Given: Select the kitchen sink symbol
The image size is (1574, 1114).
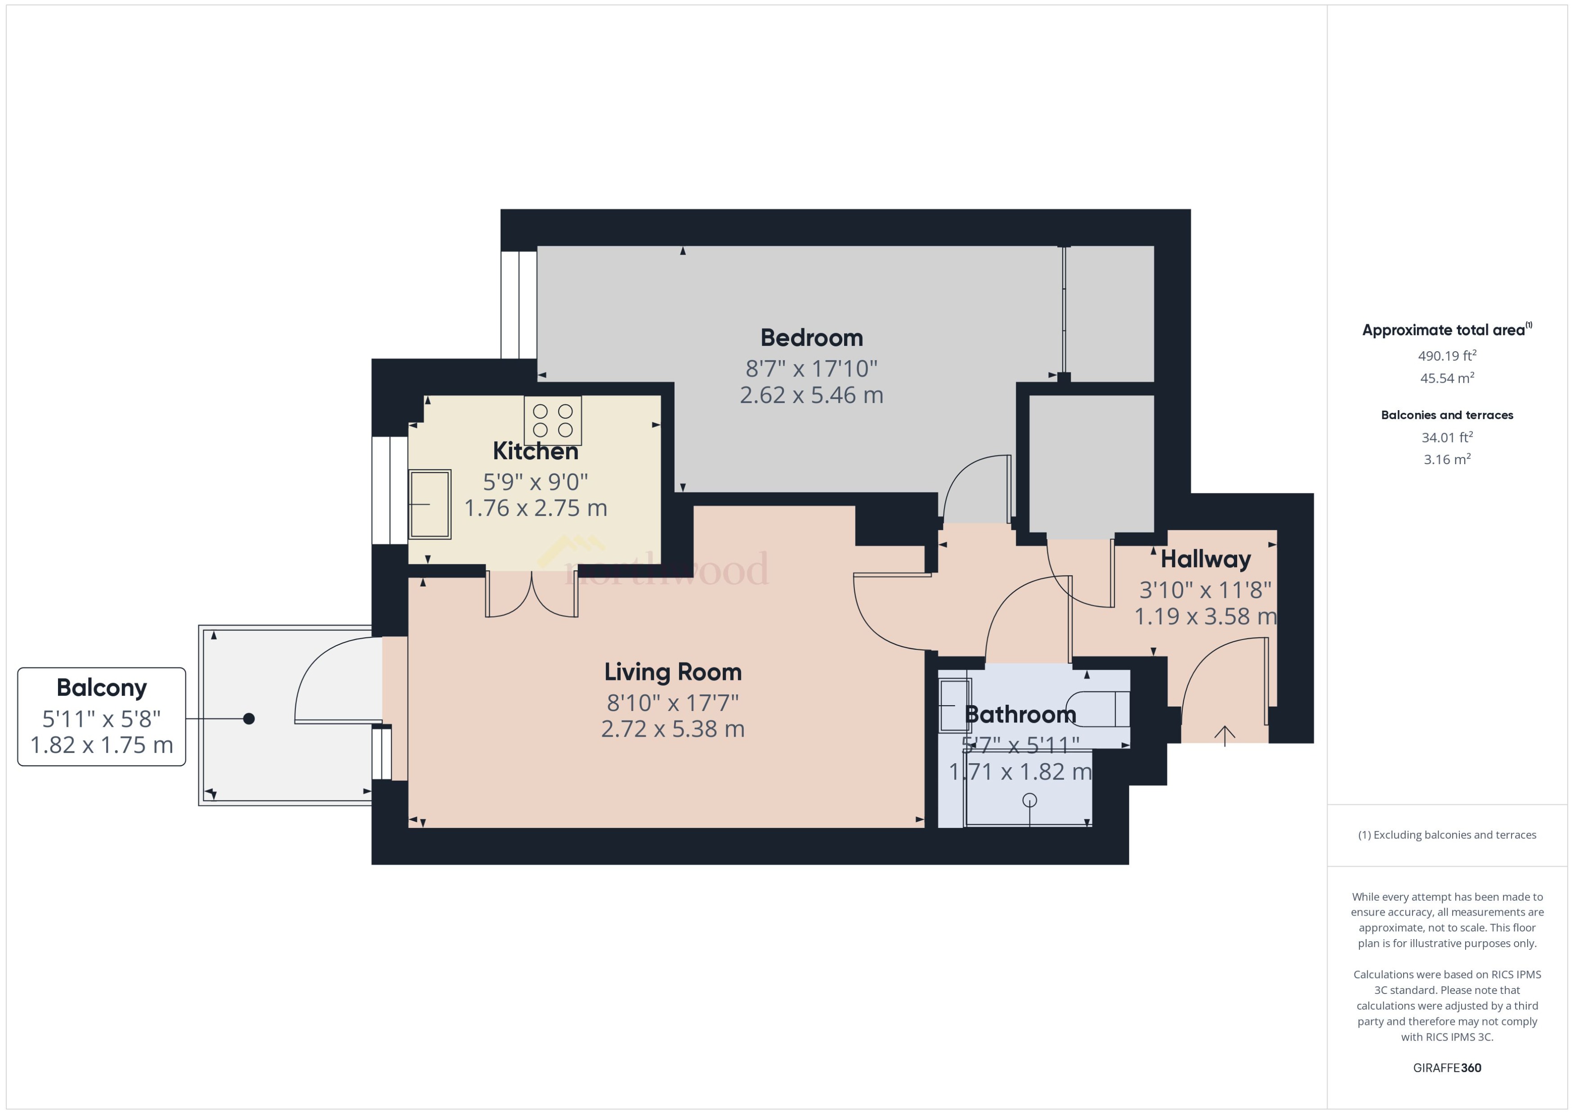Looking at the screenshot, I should coord(430,504).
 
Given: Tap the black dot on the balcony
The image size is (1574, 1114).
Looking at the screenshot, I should coord(249,718).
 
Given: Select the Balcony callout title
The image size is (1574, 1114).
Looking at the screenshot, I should coord(102,687).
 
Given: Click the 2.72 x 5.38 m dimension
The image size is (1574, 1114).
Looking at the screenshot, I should coord(672,729).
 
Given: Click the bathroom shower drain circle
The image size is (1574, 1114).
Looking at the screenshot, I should coord(1029,800).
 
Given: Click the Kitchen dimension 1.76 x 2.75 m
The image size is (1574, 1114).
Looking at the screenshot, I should coord(536,508).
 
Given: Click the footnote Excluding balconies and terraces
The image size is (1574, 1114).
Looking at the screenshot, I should coord(1446,835).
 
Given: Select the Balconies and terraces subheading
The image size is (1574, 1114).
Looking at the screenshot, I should coord(1446,415).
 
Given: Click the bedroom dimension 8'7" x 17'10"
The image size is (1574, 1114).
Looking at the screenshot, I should coord(811,369).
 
